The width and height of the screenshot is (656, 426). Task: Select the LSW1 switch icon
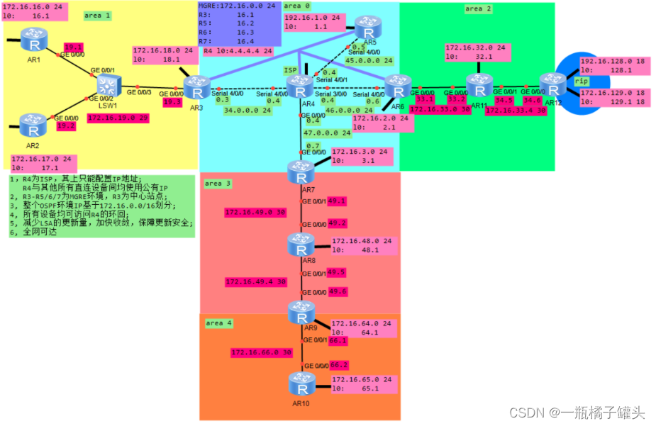[108, 88]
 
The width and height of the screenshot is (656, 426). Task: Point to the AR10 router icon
[301, 383]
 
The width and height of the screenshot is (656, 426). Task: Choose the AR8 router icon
[301, 245]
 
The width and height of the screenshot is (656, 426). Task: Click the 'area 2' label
[478, 9]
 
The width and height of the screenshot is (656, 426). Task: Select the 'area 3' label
[218, 184]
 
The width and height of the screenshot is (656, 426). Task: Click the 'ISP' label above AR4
[291, 70]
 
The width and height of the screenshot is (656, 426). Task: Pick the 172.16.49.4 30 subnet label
[255, 281]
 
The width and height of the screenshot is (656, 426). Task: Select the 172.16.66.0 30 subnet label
[261, 352]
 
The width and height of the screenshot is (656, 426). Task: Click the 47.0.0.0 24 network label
[327, 133]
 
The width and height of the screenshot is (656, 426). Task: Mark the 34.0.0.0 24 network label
[248, 111]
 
